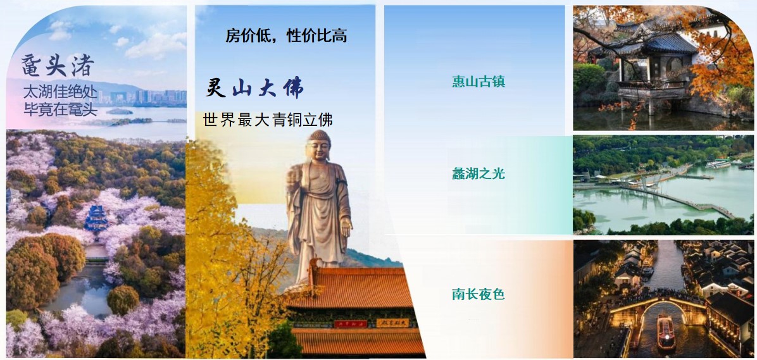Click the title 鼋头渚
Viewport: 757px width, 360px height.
point(58,66)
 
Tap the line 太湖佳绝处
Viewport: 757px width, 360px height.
point(60,92)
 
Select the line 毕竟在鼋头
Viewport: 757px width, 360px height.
point(60,109)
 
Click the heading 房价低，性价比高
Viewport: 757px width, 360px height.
point(286,35)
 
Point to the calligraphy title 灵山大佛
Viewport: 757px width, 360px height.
point(254,89)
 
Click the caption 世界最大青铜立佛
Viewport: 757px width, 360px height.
point(268,120)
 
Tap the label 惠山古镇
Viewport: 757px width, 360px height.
point(479,82)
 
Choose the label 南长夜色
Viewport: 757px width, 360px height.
point(479,294)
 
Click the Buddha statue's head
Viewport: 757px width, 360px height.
point(319,146)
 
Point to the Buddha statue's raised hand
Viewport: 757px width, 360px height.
point(292,177)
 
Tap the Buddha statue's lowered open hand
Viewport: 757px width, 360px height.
point(346,227)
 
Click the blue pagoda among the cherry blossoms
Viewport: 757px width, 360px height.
point(97,220)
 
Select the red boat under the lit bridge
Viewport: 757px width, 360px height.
point(666,333)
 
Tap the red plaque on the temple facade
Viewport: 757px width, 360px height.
point(351,324)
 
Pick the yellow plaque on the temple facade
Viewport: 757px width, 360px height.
point(392,323)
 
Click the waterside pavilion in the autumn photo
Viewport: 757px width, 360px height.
point(647,63)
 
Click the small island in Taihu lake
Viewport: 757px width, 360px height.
point(119,111)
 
